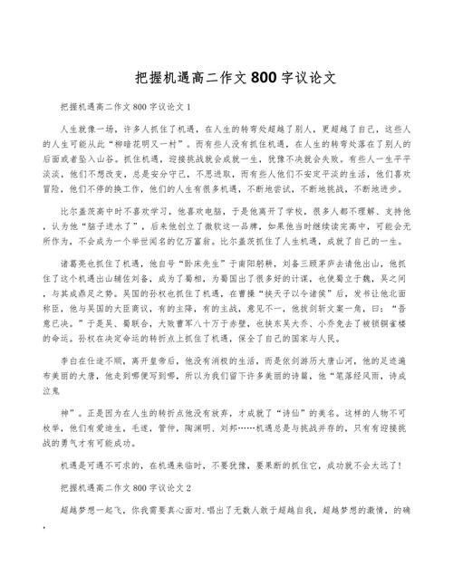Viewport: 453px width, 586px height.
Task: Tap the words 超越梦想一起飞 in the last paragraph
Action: click(85, 510)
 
